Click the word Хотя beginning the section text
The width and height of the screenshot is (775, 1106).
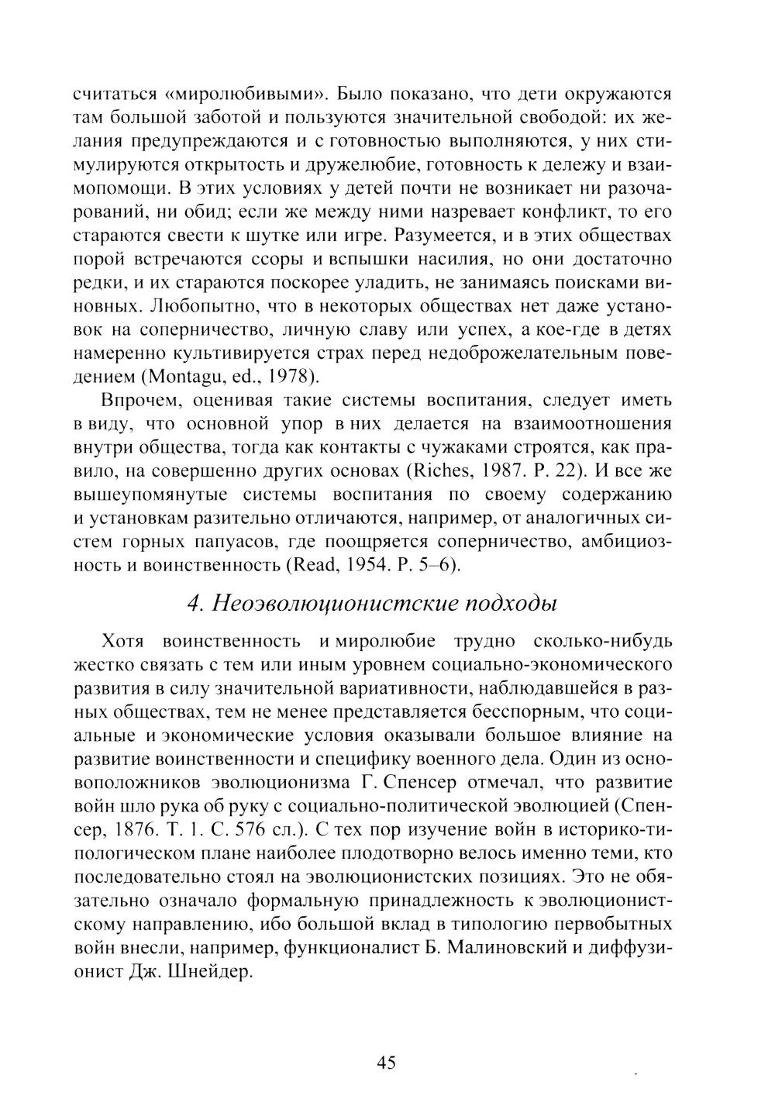123,643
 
